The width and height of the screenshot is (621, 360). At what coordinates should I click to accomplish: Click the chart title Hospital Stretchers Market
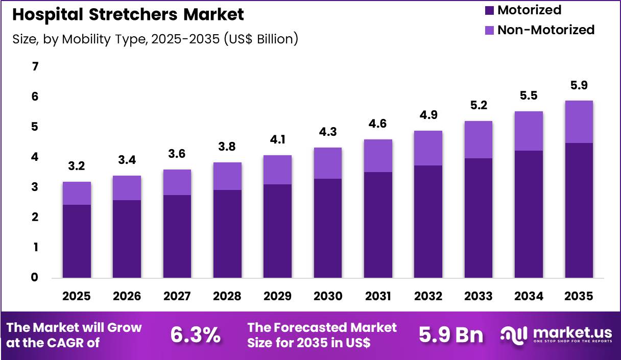click(x=128, y=14)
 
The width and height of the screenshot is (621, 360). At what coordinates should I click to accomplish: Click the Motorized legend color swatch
click(x=489, y=10)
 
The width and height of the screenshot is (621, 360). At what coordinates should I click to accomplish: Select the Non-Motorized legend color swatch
click(x=489, y=30)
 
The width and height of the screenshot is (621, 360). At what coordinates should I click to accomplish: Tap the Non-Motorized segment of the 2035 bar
click(x=579, y=122)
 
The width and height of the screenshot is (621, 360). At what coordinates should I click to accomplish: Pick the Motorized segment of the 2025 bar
click(x=77, y=241)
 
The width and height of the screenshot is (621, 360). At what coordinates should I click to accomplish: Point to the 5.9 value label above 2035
click(x=579, y=85)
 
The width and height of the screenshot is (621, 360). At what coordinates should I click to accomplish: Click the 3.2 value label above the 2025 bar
click(x=77, y=166)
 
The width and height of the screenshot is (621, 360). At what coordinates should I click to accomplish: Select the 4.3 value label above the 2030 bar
click(x=328, y=132)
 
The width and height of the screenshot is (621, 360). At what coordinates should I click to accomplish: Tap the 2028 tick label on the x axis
click(x=227, y=296)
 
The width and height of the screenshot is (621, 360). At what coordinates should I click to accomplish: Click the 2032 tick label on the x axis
click(x=428, y=296)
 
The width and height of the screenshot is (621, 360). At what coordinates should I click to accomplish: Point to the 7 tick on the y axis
click(x=35, y=67)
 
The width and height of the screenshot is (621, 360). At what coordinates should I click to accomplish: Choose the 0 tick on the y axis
click(x=35, y=278)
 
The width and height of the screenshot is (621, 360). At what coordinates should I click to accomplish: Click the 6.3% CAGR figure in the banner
click(x=196, y=335)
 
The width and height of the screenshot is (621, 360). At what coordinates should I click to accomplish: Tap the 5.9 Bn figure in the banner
click(x=451, y=335)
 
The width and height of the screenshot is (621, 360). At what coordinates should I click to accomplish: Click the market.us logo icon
click(x=514, y=335)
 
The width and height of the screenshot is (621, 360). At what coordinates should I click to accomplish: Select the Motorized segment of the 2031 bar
click(x=378, y=225)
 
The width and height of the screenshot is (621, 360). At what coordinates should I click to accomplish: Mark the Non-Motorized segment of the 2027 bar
click(x=177, y=182)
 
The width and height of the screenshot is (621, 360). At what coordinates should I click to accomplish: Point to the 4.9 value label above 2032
click(x=428, y=115)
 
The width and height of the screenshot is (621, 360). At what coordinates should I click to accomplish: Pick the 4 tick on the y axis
click(x=35, y=157)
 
